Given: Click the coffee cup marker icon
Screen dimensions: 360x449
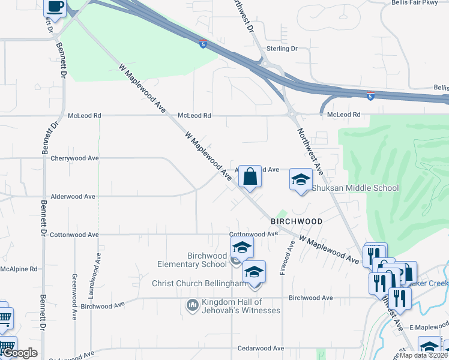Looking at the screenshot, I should (x=55, y=7).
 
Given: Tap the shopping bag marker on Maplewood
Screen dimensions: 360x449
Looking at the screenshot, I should (x=250, y=177).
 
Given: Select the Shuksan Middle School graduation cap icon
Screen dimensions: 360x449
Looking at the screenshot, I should (x=301, y=179).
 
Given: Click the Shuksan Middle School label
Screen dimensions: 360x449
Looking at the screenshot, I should (x=355, y=188).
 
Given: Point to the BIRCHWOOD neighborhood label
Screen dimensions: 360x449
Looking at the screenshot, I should (x=297, y=221).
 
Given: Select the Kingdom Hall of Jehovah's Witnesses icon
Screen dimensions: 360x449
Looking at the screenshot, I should (x=193, y=305).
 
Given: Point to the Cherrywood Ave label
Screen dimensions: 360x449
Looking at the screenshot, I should (x=75, y=158).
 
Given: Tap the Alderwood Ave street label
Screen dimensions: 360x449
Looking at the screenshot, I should (x=73, y=196).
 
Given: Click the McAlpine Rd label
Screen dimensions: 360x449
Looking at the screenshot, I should (x=19, y=269).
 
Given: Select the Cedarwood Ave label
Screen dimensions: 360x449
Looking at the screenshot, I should (x=261, y=348).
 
